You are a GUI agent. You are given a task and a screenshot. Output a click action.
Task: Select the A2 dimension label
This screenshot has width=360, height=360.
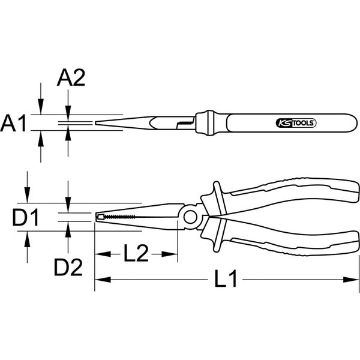coord(70,78)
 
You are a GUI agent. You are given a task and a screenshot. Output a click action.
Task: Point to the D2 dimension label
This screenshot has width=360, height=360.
coord(67,268)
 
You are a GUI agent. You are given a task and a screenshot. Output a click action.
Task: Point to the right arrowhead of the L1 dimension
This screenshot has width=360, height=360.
coord(350,280)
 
